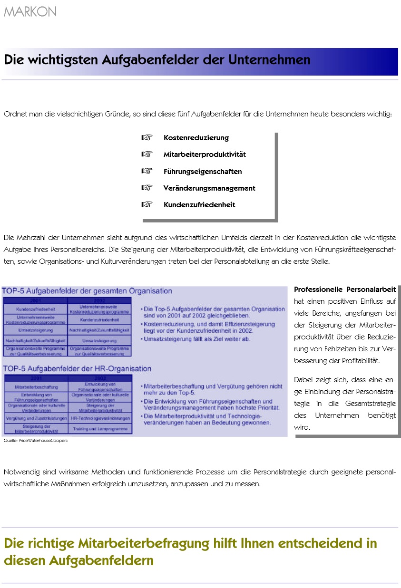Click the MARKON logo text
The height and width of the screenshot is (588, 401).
pyautogui.click(x=30, y=12)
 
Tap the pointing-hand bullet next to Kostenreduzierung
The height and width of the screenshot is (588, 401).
pyautogui.click(x=147, y=138)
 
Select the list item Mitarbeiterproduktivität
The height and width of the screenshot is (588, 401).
pyautogui.click(x=205, y=154)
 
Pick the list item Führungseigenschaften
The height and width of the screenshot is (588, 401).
pyautogui.click(x=203, y=172)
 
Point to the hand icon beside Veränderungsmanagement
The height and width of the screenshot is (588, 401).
pyautogui.click(x=147, y=188)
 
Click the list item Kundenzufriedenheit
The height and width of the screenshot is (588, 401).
pyautogui.click(x=199, y=205)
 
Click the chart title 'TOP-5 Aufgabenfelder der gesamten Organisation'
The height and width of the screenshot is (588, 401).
pyautogui.click(x=87, y=291)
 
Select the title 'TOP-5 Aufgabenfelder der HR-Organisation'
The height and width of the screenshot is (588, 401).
pyautogui.click(x=77, y=368)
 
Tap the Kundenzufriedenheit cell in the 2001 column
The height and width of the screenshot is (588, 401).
pyautogui.click(x=35, y=309)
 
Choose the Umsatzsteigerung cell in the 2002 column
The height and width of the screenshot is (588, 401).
pyautogui.click(x=99, y=341)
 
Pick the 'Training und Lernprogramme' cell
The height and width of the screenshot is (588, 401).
pyautogui.click(x=100, y=429)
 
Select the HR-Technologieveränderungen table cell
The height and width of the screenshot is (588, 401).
pyautogui.click(x=100, y=419)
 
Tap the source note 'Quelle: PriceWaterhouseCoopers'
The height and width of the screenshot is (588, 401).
pyautogui.click(x=36, y=441)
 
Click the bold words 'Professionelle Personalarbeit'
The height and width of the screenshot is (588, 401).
pyautogui.click(x=345, y=289)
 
